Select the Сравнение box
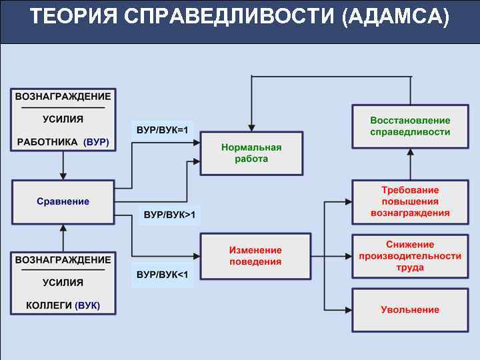coord(63,201)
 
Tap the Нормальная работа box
coord(251,153)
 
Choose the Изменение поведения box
coord(255,256)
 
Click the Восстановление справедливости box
coord(410,126)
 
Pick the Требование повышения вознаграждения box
coord(410,201)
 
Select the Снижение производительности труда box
coord(410,256)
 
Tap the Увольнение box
coord(410,310)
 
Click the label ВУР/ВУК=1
coord(163,130)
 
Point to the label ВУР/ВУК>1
coord(169,215)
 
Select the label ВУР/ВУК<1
coord(163,275)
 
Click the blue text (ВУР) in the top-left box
coord(97,142)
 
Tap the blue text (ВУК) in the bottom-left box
coord(88,305)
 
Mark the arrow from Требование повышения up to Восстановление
coord(411,164)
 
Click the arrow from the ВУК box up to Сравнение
coord(63,237)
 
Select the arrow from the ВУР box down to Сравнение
coord(63,166)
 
